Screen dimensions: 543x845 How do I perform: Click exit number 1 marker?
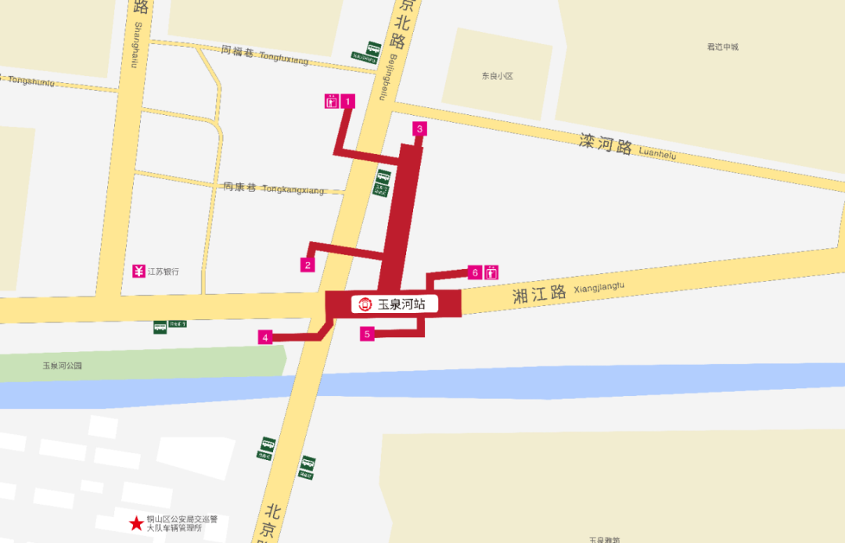[348, 101]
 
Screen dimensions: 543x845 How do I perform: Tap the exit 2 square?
[308, 264]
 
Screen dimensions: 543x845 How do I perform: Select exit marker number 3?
[419, 129]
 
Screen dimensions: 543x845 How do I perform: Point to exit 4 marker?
[266, 337]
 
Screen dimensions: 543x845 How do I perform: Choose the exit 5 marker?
[368, 333]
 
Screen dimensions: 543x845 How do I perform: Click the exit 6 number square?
[474, 272]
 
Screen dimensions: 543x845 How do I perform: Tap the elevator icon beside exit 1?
[332, 101]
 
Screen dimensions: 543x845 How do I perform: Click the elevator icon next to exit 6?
[491, 272]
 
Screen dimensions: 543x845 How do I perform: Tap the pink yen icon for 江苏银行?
[138, 271]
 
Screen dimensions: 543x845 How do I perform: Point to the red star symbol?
[137, 522]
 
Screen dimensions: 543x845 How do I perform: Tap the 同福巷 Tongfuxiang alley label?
[264, 54]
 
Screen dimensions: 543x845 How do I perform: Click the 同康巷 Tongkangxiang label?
[273, 189]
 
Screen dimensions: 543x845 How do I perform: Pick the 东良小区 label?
[497, 76]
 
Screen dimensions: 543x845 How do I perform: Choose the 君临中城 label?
[722, 47]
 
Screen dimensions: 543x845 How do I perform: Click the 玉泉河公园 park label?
[62, 365]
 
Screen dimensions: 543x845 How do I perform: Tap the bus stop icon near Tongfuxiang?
[373, 49]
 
